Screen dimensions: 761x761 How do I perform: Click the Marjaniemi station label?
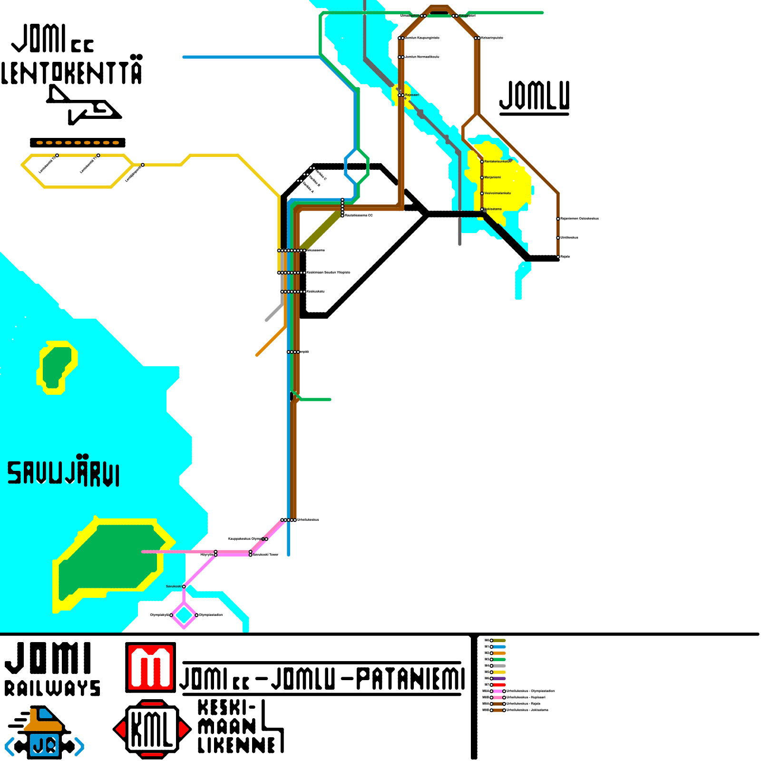(493, 177)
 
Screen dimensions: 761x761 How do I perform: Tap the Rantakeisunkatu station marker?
(482, 162)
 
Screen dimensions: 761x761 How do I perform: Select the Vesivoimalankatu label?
(498, 193)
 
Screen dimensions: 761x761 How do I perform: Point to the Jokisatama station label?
(493, 209)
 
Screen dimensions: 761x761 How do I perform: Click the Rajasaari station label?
(412, 95)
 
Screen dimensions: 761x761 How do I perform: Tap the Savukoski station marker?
(184, 586)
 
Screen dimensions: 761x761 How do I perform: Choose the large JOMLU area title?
(535, 97)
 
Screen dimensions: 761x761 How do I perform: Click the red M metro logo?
(150, 667)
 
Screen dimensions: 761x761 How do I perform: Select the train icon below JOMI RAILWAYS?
(44, 733)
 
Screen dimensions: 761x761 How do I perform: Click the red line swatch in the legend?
(499, 685)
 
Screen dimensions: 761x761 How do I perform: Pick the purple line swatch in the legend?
(499, 678)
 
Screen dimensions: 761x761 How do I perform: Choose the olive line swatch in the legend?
(499, 641)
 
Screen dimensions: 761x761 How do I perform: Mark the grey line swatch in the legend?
(499, 666)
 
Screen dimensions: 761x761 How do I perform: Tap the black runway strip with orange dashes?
(78, 143)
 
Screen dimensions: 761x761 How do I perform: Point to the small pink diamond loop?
(184, 615)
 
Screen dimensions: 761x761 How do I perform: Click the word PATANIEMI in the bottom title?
(410, 679)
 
